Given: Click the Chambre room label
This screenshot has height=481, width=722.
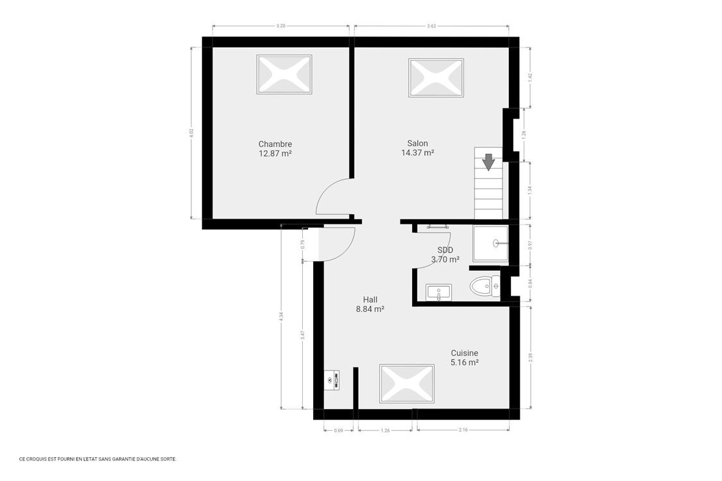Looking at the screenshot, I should click(x=275, y=144).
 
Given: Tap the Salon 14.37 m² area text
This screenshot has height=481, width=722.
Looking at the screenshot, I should click(x=417, y=153).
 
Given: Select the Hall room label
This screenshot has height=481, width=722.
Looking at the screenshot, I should click(x=370, y=300).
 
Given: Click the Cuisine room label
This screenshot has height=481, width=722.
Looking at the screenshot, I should click(x=464, y=353).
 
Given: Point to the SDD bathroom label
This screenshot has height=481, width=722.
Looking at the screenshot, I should click(x=445, y=250).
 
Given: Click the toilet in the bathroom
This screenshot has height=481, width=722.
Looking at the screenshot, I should click(x=485, y=287).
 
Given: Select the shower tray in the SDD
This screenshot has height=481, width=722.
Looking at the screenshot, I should click(x=490, y=243).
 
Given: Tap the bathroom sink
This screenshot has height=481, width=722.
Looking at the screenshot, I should click(x=439, y=292).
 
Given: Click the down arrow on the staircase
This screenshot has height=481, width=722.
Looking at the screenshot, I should click(x=489, y=162).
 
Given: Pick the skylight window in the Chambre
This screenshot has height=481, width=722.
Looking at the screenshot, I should click(x=284, y=74).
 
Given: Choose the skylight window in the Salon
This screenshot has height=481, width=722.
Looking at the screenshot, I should click(x=436, y=78).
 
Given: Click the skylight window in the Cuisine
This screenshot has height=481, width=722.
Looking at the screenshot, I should click(x=408, y=384).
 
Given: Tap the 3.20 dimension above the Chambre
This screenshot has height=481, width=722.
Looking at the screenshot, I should click(x=280, y=26).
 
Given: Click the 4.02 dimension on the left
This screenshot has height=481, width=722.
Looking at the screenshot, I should click(x=191, y=133).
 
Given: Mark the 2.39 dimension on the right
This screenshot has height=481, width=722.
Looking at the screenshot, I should click(x=530, y=358).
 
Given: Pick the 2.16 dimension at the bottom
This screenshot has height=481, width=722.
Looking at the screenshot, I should click(x=463, y=430).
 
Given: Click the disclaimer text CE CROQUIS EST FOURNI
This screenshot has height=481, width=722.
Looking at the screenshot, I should click(x=98, y=459).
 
